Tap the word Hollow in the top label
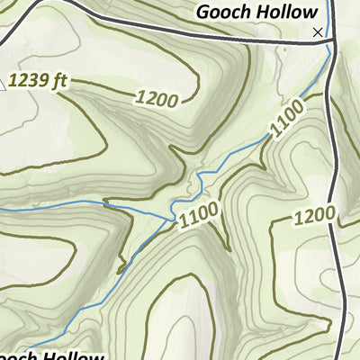[287, 13]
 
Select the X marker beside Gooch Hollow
[317, 32]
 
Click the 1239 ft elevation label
[38, 82]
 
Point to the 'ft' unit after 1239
[59, 82]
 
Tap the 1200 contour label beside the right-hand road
[314, 216]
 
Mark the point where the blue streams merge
[173, 216]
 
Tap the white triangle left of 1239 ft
[4, 86]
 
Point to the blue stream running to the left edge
[54, 206]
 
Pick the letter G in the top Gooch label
[203, 13]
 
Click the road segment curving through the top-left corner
[54, 8]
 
